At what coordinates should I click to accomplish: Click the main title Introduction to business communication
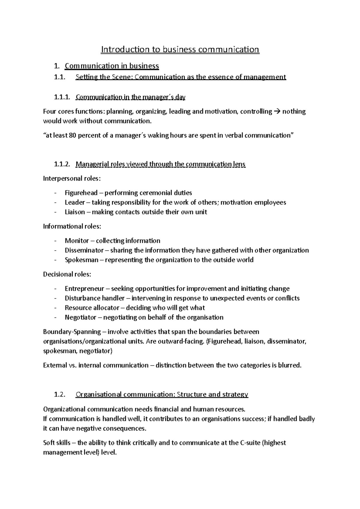coord(180,49)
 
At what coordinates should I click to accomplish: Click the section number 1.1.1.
coord(62,97)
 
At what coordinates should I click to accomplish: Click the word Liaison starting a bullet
coord(75,212)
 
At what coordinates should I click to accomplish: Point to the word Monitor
coord(77,241)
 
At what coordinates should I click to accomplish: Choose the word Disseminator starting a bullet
coord(84,250)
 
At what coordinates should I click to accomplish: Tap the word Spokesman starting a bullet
coord(81,260)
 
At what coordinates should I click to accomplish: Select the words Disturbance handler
coord(94,298)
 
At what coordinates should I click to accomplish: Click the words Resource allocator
coord(92,308)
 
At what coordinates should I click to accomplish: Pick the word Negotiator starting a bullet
coord(80,317)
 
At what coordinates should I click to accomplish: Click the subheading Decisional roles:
coord(67,274)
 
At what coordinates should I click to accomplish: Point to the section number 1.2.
coord(59,394)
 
